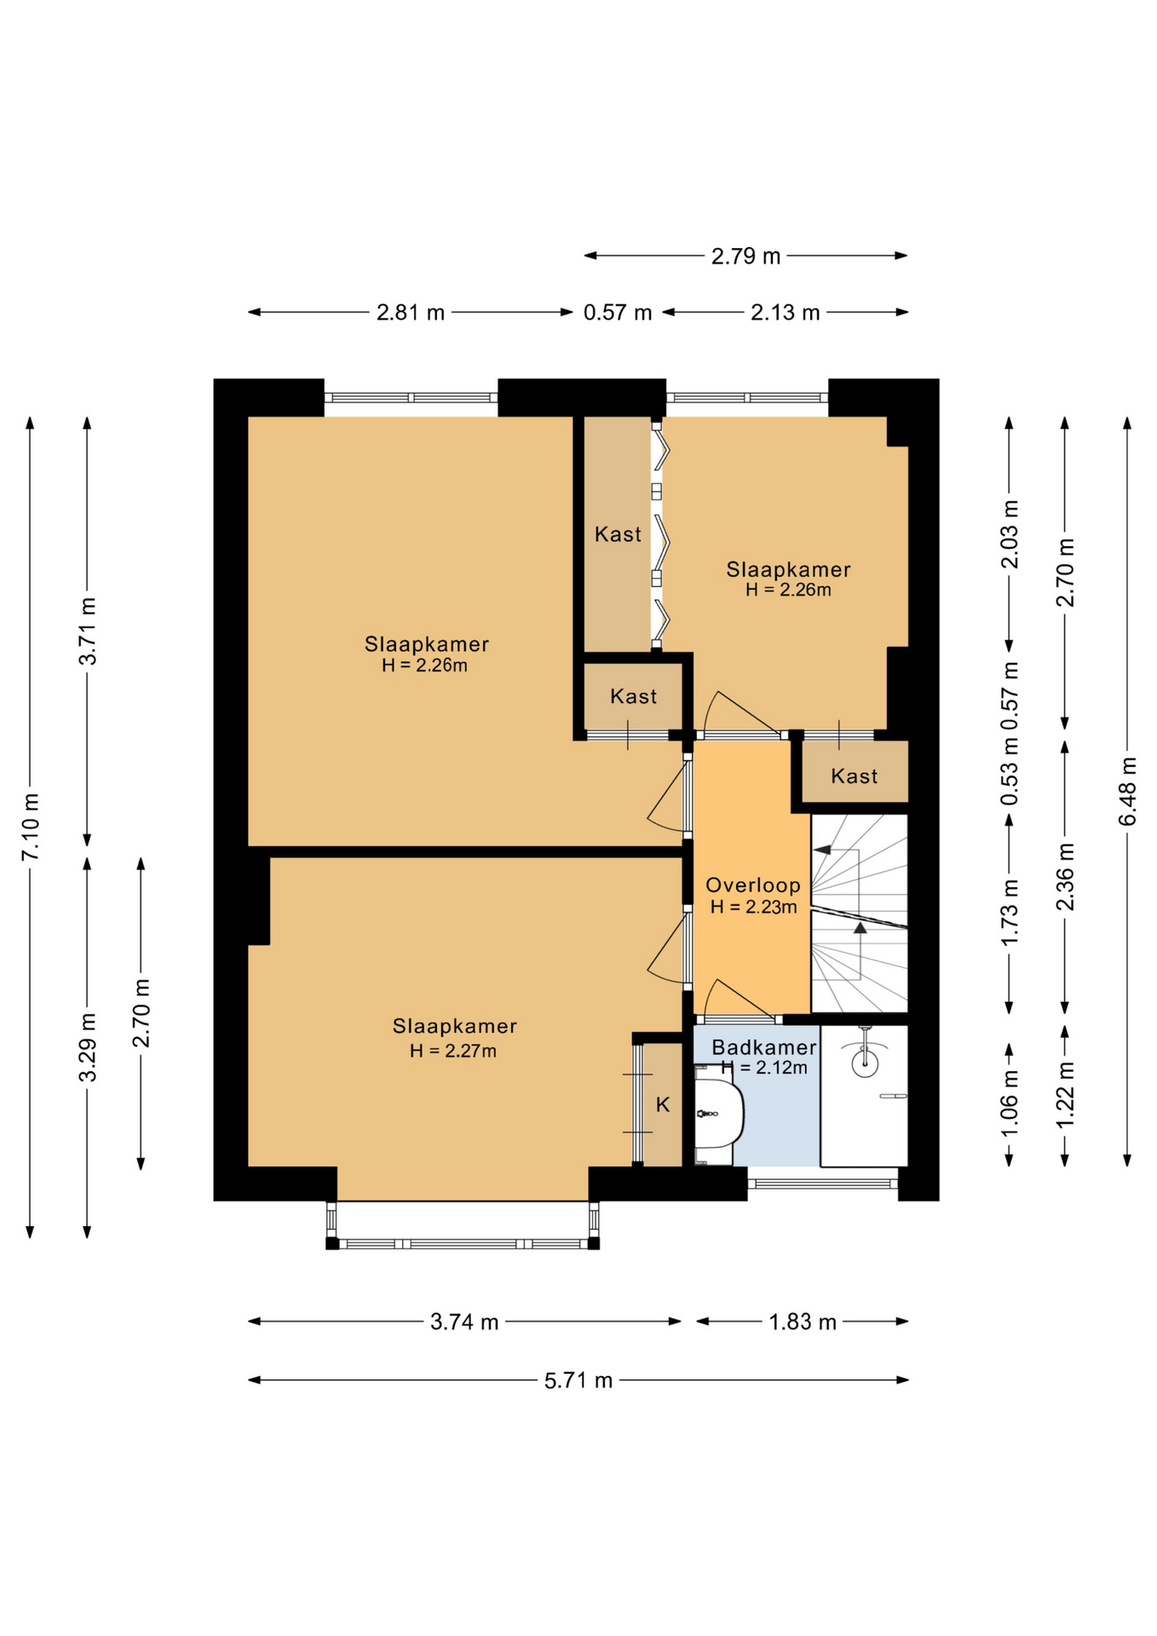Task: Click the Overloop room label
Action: (752, 885)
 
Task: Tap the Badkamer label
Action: (763, 1048)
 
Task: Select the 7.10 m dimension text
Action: (31, 827)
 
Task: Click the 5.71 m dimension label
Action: (578, 1380)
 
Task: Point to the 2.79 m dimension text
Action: (745, 256)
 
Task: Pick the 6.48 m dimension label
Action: (1127, 792)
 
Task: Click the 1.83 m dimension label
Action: (803, 1322)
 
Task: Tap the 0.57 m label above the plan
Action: (618, 313)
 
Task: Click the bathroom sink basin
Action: (719, 1113)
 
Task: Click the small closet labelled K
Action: (662, 1104)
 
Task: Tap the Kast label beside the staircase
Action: (854, 776)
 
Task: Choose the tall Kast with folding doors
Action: (617, 534)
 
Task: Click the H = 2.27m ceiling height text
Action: (452, 1051)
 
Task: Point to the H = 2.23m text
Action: (753, 907)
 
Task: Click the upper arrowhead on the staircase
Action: (821, 850)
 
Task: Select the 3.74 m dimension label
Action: (464, 1322)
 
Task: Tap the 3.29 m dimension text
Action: (88, 1048)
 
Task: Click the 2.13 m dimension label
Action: (785, 313)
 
